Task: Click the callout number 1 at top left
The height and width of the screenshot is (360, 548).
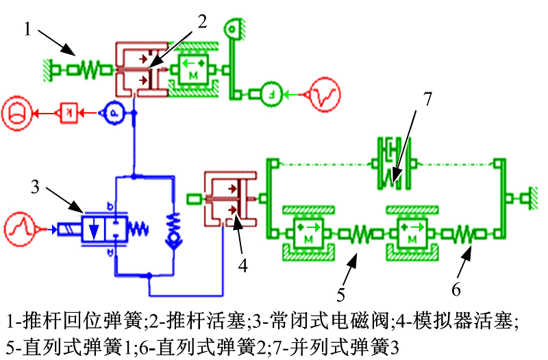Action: (x=27, y=29)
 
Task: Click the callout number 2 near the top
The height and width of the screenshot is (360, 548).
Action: (x=202, y=21)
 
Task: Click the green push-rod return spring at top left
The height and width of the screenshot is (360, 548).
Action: (x=89, y=68)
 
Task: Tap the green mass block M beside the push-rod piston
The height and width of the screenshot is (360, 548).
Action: (x=193, y=70)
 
